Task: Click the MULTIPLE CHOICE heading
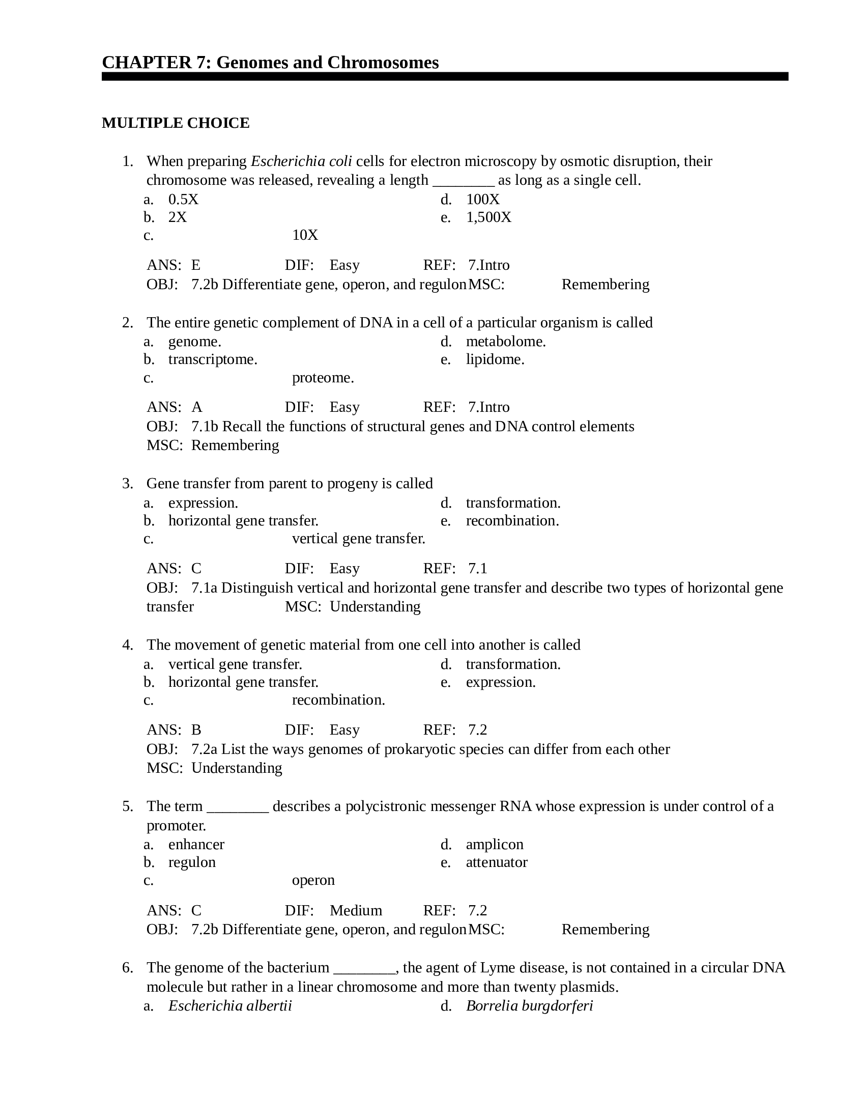(175, 123)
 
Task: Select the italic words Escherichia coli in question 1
(301, 161)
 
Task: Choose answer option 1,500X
(488, 217)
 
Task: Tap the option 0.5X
(183, 200)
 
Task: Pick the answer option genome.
(195, 342)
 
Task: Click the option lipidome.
(495, 359)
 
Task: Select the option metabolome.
(505, 342)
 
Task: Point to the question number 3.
(127, 484)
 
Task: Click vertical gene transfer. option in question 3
(358, 539)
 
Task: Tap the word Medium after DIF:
(356, 910)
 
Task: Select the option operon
(313, 880)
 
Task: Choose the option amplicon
(494, 844)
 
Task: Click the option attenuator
(496, 862)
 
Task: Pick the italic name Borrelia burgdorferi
(529, 1005)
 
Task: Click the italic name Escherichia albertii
(229, 1005)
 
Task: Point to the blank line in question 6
(364, 968)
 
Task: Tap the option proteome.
(323, 378)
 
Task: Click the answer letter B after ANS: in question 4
(196, 730)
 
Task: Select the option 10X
(305, 235)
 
